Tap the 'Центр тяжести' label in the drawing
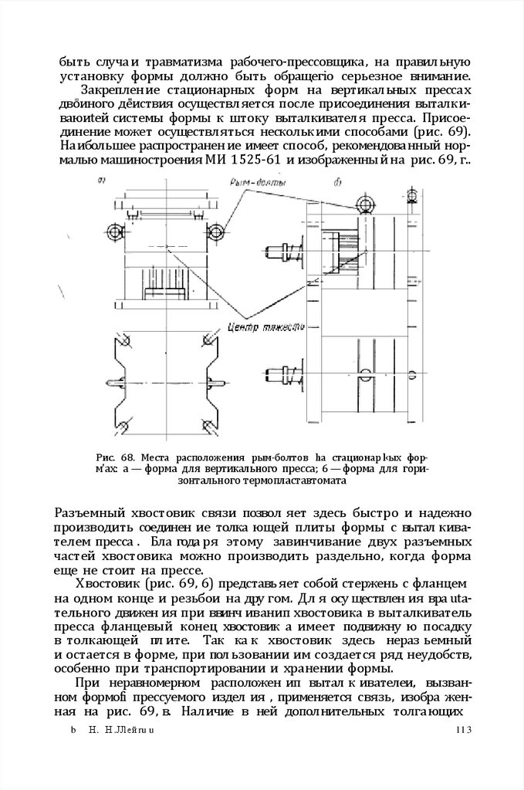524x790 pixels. pyautogui.click(x=257, y=327)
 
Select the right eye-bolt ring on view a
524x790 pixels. pyautogui.click(x=216, y=231)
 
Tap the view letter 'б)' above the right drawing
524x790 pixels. pyautogui.click(x=338, y=182)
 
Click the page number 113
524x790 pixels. pyautogui.click(x=463, y=731)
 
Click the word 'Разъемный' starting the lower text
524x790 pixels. pyautogui.click(x=90, y=515)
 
